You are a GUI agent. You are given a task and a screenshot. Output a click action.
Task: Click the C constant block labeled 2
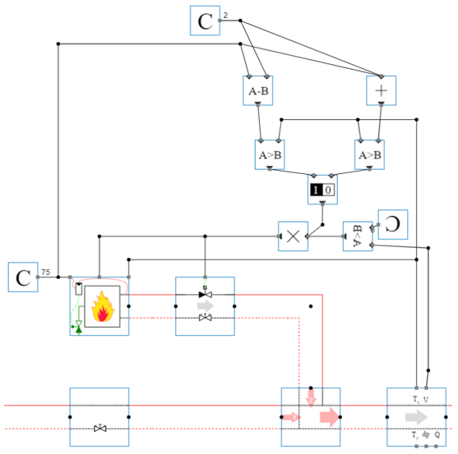click(x=205, y=21)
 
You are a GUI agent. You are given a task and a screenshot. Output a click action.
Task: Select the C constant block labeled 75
click(x=22, y=277)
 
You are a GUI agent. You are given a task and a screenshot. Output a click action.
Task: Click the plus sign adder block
click(x=382, y=89)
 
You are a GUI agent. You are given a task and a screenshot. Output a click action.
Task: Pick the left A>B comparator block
click(x=270, y=154)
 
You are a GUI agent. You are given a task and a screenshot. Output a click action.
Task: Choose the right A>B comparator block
click(x=369, y=154)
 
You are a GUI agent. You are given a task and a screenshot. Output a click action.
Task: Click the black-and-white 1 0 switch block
click(x=322, y=189)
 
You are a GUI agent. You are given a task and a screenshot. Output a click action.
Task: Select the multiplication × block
click(x=292, y=236)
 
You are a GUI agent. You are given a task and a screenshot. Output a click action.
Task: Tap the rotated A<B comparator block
click(x=357, y=236)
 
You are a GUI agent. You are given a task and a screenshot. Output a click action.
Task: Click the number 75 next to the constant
click(x=46, y=272)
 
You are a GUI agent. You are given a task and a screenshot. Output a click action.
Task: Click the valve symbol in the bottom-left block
click(x=99, y=429)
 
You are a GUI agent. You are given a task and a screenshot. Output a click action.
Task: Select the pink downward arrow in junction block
click(x=310, y=397)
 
